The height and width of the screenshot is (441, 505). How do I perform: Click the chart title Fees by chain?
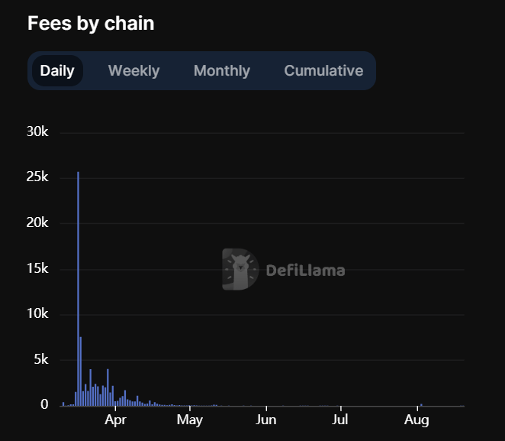tap(91, 24)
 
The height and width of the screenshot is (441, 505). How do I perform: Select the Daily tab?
tap(57, 71)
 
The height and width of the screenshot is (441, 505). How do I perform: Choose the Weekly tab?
tap(133, 71)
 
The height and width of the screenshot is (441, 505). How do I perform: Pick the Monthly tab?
tap(221, 71)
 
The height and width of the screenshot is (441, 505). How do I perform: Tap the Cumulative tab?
tap(323, 71)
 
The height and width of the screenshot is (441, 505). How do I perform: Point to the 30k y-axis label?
tap(37, 132)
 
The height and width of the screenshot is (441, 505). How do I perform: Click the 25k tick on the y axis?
tap(37, 177)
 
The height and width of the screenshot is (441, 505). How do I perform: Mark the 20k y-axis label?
tap(37, 223)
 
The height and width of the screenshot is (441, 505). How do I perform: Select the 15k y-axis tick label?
tap(37, 269)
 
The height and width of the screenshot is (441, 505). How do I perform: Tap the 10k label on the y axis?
tap(37, 314)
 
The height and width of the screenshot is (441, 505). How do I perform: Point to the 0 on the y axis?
tap(45, 405)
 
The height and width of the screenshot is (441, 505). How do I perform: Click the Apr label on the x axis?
tap(115, 420)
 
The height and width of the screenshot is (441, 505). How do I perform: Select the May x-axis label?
tap(189, 420)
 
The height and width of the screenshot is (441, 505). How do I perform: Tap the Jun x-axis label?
tap(266, 420)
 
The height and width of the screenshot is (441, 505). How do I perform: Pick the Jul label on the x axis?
tap(340, 420)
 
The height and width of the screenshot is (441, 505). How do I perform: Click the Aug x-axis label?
tap(416, 420)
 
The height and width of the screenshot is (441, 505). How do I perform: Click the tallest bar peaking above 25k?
tap(78, 290)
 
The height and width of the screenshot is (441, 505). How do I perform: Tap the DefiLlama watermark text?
tap(305, 271)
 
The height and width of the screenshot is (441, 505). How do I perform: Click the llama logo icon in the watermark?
tap(240, 270)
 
